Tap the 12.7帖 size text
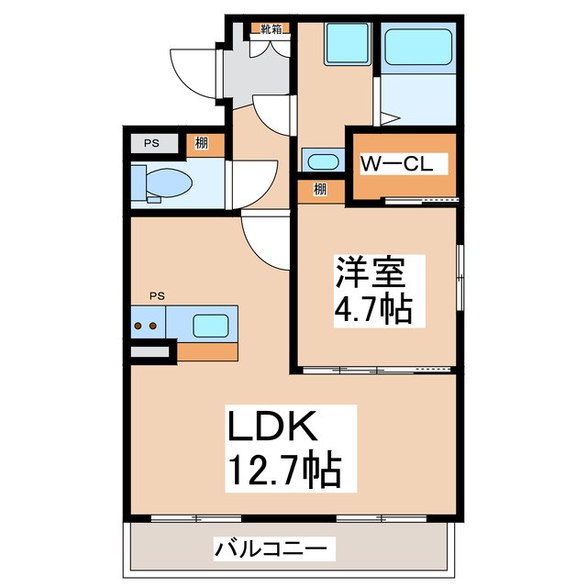283,472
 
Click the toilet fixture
162,183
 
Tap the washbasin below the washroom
322,161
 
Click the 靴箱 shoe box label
271,28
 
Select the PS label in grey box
150,143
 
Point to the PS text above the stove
158,295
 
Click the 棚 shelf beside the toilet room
199,143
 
